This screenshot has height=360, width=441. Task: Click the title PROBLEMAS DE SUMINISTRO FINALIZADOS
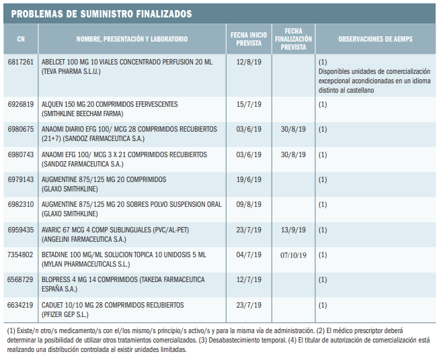[102, 13]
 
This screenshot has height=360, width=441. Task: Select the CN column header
[20, 40]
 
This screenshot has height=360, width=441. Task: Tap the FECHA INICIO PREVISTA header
[248, 40]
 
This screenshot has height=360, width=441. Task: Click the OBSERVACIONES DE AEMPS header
[375, 40]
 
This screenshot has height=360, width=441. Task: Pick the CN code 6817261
[20, 62]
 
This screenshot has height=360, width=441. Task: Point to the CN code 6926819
[20, 105]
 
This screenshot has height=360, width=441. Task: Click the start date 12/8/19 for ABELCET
[249, 62]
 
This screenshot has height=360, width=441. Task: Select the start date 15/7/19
[249, 105]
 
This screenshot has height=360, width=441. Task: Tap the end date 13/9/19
[293, 230]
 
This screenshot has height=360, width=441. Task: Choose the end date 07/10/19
[293, 255]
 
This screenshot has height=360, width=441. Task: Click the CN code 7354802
[20, 255]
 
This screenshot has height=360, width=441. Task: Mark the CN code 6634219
[20, 305]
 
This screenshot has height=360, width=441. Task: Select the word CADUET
[54, 305]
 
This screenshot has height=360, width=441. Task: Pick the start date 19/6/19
[249, 180]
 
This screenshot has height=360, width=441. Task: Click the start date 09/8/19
[249, 205]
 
